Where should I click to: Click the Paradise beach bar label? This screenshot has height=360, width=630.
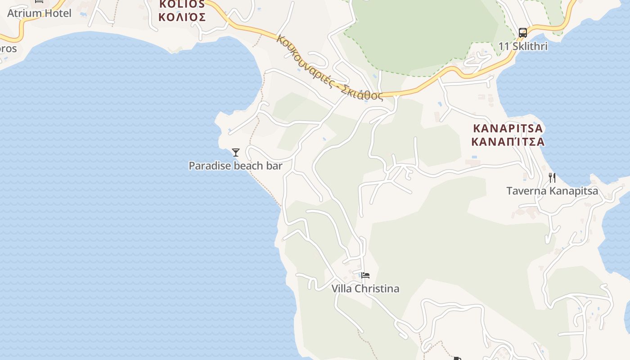[235, 166]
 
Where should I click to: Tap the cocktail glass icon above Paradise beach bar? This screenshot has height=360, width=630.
[235, 153]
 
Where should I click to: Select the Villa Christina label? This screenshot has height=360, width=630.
[365, 288]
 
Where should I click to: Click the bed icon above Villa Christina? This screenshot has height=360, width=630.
[365, 275]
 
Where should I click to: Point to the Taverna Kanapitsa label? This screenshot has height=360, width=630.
[552, 191]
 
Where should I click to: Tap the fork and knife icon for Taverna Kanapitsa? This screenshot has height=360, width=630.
[552, 178]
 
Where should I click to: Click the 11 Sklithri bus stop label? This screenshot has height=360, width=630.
[522, 46]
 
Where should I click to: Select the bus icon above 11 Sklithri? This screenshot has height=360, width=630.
[522, 32]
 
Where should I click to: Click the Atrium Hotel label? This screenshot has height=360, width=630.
[39, 13]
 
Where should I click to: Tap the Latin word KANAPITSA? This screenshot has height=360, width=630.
[508, 129]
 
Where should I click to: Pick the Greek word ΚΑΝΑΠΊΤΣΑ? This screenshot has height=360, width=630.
[508, 142]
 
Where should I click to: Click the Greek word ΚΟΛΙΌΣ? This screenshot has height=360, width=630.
[182, 18]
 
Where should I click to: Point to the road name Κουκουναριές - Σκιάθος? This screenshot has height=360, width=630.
[329, 67]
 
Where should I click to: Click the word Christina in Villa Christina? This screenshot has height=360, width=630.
[377, 288]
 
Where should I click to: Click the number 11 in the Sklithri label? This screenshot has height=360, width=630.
[503, 46]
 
